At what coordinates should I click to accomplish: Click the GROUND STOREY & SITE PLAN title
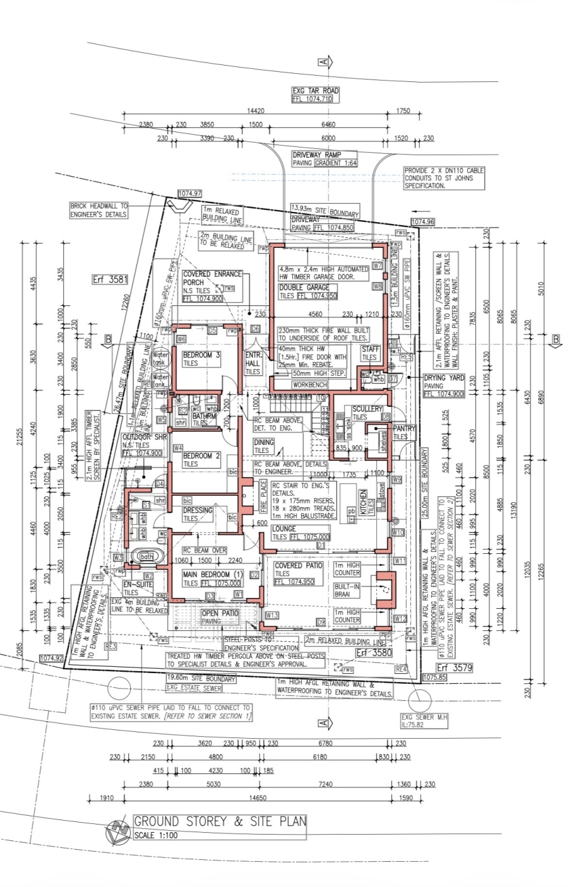(x=220, y=821)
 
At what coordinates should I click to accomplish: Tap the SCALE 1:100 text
(x=156, y=835)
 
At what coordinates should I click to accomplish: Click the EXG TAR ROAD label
(x=315, y=91)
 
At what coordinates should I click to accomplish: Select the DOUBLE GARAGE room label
(x=304, y=288)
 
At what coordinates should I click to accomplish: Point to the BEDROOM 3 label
(x=201, y=355)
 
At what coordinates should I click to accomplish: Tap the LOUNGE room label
(x=284, y=529)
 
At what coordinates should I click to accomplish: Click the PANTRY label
(x=405, y=429)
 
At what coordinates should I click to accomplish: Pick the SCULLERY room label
(x=367, y=409)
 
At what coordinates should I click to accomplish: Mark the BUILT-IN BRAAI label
(x=346, y=590)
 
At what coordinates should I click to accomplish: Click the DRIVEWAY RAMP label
(x=316, y=155)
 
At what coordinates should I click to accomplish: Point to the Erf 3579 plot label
(x=454, y=667)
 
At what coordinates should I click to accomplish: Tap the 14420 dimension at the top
(x=256, y=111)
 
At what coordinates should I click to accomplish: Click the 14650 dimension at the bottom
(x=257, y=798)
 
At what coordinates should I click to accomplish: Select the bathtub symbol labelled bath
(x=147, y=557)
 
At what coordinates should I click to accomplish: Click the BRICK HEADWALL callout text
(x=98, y=210)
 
